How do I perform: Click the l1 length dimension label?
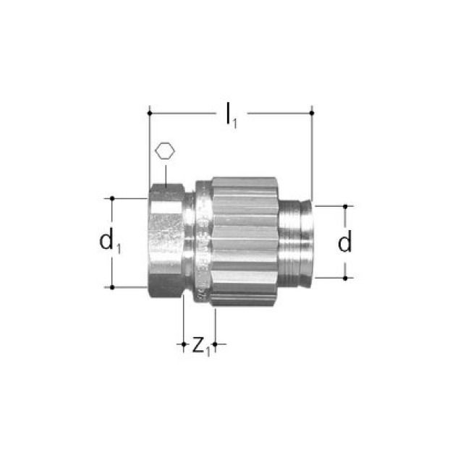tap(230, 116)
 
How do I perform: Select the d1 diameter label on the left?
tap(111, 243)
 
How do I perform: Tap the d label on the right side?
tap(345, 243)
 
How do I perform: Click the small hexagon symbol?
tap(165, 153)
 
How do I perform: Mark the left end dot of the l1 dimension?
tap(149, 113)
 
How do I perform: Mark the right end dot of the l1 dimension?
tap(312, 113)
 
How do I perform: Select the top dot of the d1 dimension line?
tap(112, 197)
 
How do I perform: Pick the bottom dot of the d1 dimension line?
tap(112, 287)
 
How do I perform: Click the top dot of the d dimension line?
tap(345, 206)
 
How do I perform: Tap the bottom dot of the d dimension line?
tap(345, 277)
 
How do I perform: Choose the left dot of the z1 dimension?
tap(184, 345)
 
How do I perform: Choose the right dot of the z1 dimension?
tap(215, 345)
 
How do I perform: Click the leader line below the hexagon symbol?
tap(165, 174)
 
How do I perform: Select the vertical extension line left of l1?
tap(149, 152)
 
